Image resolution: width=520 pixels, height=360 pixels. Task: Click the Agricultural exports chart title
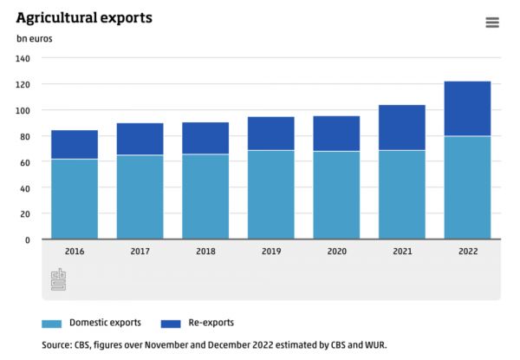click(x=84, y=17)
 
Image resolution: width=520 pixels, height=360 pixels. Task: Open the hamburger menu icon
click(x=492, y=23)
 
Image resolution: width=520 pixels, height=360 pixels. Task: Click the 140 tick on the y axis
click(x=23, y=58)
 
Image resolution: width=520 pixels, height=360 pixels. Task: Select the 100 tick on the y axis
click(x=23, y=110)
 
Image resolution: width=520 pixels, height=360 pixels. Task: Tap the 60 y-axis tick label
click(x=25, y=162)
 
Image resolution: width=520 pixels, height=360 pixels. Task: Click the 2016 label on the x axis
click(x=75, y=251)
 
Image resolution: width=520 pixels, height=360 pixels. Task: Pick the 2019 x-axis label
click(x=270, y=251)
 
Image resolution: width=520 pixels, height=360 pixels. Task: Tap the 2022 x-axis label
click(x=467, y=251)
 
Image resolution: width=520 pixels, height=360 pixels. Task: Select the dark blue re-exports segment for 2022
click(x=467, y=108)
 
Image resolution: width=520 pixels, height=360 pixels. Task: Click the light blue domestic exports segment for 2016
click(x=75, y=199)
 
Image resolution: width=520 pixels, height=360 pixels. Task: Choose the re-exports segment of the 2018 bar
click(x=205, y=138)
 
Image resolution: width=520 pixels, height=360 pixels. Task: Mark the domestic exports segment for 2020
click(x=336, y=195)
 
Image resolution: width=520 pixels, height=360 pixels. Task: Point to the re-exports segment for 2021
click(x=401, y=128)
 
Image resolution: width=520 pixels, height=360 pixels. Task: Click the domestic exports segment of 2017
click(x=140, y=197)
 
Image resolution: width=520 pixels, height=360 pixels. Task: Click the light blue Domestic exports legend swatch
click(x=52, y=324)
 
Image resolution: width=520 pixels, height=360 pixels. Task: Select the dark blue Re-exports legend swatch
click(x=171, y=324)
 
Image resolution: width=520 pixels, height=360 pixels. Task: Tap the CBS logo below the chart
click(x=58, y=279)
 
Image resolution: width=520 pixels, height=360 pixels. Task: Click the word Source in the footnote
click(x=57, y=344)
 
